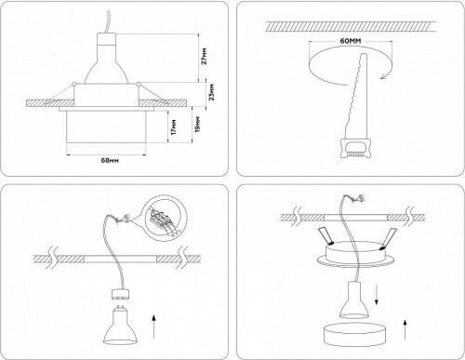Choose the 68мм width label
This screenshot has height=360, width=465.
pyautogui.click(x=109, y=161)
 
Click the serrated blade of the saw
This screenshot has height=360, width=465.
pyautogui.click(x=358, y=93)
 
